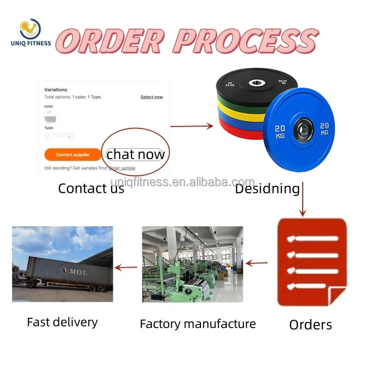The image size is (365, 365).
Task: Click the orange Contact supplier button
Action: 73,155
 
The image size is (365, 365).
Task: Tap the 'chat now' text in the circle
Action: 135,155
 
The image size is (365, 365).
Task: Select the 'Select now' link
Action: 151,97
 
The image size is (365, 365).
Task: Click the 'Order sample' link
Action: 122,168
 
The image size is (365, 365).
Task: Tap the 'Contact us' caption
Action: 91,188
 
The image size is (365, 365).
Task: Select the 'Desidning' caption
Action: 267,188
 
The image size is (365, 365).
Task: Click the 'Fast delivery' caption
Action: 62,322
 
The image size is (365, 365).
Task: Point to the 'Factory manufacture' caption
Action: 198,324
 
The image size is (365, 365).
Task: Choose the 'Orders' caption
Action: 310,325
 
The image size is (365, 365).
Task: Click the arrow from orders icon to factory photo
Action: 256,264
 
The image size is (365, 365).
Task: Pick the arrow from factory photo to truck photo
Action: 126,267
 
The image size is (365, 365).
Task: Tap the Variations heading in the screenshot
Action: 55,90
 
